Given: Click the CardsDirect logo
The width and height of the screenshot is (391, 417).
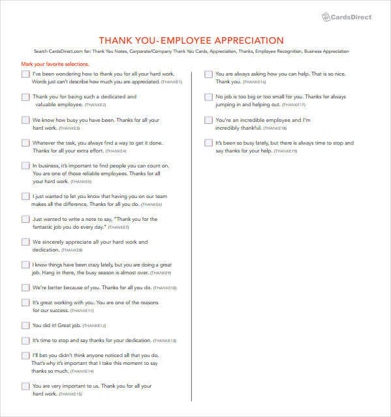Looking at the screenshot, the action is [x=349, y=16].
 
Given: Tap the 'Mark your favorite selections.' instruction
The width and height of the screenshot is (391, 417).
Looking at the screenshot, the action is [x=55, y=65].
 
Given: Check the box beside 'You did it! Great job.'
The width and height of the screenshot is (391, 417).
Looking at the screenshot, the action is [x=25, y=325].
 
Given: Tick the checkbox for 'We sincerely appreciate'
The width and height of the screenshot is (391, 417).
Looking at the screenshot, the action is [x=25, y=242].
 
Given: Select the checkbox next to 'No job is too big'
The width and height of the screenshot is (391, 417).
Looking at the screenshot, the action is [x=208, y=97].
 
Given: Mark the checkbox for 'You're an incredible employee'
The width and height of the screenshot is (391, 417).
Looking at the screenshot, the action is [x=208, y=121].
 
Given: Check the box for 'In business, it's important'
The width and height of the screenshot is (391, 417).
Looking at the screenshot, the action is [x=25, y=165].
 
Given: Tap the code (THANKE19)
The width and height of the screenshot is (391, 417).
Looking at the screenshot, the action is [x=286, y=151].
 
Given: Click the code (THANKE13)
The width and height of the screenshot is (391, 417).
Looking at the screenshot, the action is [x=182, y=341].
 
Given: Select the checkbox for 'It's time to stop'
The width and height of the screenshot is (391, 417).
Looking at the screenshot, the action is [x=25, y=340].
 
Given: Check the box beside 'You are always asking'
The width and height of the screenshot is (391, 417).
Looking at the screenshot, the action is [x=208, y=74].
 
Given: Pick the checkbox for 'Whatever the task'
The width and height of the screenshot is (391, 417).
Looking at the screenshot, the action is [x=25, y=143].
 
